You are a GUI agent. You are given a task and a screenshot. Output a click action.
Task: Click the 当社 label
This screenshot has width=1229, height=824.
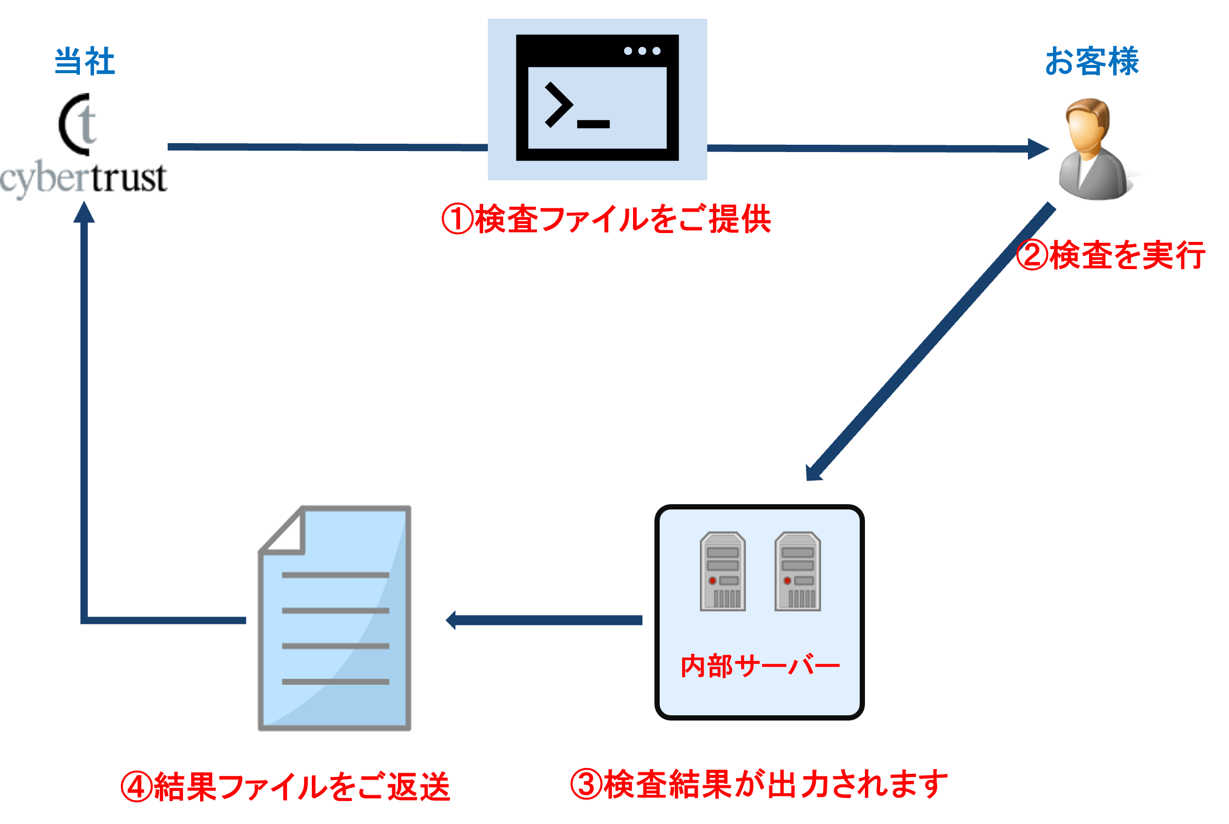(85, 62)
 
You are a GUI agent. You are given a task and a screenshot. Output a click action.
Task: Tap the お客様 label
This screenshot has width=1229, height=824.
(1092, 62)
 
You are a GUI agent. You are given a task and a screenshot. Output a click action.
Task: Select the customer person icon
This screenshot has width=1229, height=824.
(1092, 149)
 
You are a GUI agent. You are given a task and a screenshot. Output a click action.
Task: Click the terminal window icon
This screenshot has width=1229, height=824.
(597, 99)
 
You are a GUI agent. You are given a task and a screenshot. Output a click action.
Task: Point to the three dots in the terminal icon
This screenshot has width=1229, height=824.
(642, 51)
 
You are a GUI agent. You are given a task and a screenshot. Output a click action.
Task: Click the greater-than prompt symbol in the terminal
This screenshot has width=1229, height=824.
(558, 105)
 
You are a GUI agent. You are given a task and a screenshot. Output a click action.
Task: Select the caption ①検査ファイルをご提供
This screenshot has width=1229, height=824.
(606, 218)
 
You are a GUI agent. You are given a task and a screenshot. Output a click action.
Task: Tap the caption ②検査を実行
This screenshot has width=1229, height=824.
(1111, 256)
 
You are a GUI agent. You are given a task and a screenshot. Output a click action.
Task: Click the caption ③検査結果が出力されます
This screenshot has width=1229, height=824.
(759, 784)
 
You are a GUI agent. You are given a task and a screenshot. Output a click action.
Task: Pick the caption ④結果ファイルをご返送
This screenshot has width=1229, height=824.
(286, 787)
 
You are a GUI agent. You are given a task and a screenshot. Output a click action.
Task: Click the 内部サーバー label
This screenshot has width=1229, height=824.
(760, 666)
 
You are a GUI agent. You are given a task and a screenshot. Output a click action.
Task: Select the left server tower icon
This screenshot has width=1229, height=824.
(723, 571)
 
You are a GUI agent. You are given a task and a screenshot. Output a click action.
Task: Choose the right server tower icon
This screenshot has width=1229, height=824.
(797, 571)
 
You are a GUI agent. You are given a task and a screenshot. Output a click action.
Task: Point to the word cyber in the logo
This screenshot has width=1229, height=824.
(44, 179)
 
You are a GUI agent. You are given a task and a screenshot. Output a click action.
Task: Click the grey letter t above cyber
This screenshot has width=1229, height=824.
(87, 124)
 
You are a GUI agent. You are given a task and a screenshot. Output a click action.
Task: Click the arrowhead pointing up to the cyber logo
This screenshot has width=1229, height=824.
(84, 212)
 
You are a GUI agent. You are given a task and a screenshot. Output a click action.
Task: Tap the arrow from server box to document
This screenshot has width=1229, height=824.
(544, 620)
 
